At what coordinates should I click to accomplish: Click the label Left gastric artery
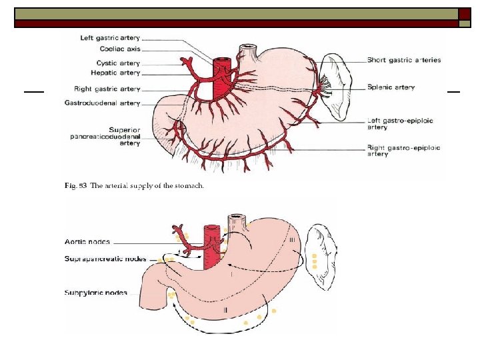point(110,39)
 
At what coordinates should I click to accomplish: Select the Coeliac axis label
point(120,49)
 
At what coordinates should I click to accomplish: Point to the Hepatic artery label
point(117,72)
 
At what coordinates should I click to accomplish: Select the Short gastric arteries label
point(404,60)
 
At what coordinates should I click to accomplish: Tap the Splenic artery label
point(391,87)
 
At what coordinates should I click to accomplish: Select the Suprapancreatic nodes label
point(105,258)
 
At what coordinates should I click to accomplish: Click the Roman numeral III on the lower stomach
point(292,240)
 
